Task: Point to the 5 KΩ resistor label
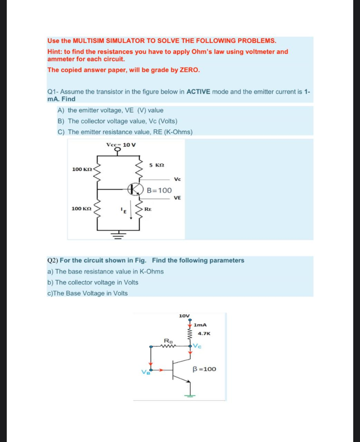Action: pos(157,165)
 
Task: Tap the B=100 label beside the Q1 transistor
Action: pos(159,190)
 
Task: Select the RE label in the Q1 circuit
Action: pos(148,208)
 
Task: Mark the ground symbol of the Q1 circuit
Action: pos(117,235)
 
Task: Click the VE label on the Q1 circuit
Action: pos(177,198)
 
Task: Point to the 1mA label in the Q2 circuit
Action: pos(200,325)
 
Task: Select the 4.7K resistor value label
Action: pos(204,333)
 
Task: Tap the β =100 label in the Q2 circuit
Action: pos(204,369)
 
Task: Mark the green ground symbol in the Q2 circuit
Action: pos(189,395)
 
